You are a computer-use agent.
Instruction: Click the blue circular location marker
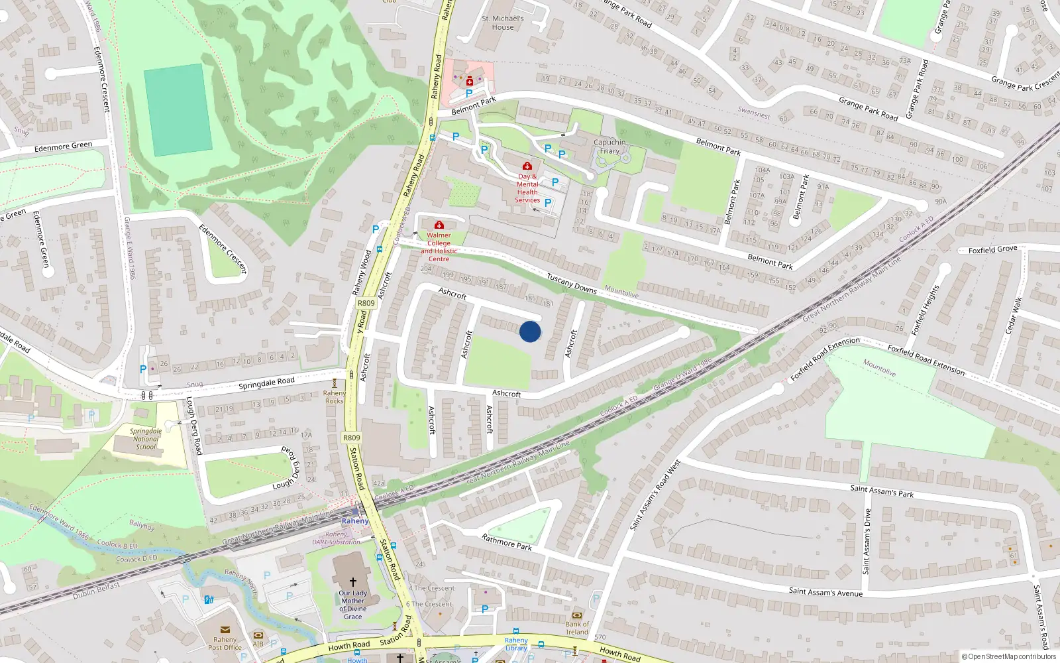530,331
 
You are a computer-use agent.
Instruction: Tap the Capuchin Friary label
609,147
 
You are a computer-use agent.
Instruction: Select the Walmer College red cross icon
439,225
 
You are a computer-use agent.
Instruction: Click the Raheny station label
355,521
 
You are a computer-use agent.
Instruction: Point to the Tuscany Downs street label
572,284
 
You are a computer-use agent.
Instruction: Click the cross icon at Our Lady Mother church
352,581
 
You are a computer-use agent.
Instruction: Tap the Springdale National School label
146,439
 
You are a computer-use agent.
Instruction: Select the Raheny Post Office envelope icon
225,630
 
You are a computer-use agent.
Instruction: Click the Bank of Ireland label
577,628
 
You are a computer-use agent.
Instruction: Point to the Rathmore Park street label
507,542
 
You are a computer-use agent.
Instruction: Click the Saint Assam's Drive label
867,541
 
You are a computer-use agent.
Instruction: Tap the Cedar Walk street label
1013,316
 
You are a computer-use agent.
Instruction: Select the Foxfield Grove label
992,250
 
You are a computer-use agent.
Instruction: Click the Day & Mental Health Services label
527,188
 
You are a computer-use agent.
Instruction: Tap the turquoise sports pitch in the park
178,110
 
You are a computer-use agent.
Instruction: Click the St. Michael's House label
503,23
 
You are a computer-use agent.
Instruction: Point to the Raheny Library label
516,644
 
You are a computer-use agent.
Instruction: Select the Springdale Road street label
266,383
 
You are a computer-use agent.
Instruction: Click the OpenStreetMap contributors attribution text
1009,656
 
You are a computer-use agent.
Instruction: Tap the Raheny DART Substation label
337,538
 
